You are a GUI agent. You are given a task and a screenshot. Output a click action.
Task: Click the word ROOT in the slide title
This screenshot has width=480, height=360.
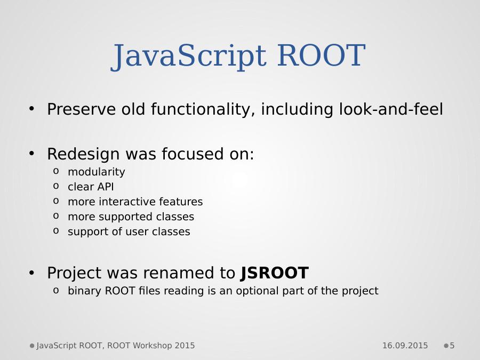[x=321, y=55]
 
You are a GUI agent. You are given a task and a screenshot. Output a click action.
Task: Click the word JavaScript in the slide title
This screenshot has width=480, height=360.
[x=188, y=57]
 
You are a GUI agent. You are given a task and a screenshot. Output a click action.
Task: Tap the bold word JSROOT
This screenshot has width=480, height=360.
[x=275, y=273]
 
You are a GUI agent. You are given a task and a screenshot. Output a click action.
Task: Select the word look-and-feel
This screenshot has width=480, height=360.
[x=391, y=109]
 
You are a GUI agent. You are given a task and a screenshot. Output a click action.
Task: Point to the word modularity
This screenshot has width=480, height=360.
[x=97, y=172]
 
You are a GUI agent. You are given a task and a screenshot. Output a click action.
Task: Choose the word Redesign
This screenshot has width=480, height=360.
[x=83, y=154]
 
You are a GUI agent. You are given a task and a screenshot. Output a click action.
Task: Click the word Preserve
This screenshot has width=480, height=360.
[x=82, y=109]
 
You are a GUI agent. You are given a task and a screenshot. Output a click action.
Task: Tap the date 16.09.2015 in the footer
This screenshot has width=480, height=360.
[x=405, y=346]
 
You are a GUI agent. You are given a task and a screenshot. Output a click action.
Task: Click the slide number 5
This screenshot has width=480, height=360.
[x=452, y=346]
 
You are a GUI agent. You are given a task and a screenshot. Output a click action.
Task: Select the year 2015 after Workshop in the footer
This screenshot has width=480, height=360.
[x=185, y=346]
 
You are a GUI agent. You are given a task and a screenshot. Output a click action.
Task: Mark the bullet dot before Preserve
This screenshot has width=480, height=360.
[x=31, y=108]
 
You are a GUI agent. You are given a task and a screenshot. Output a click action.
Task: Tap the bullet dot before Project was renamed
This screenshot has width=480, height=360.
[x=31, y=272]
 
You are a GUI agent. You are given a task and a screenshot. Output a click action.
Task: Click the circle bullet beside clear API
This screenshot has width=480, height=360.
[x=55, y=186]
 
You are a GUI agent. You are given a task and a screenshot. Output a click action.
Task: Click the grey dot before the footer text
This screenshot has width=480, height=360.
[x=32, y=346]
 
